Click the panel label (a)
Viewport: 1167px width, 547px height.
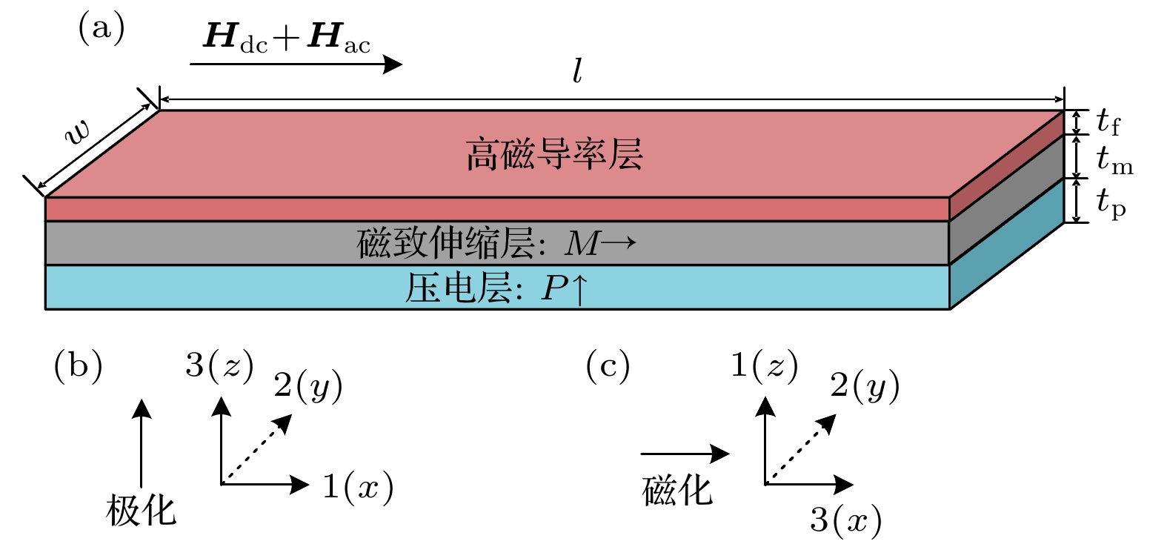(x=101, y=29)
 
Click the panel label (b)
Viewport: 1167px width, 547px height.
(x=78, y=366)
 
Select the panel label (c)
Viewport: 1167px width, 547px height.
(x=608, y=366)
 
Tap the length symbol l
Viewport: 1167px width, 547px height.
(x=577, y=71)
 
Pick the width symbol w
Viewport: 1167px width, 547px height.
(x=77, y=132)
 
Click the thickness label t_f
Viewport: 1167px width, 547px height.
(x=1108, y=121)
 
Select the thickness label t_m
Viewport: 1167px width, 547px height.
(x=1114, y=159)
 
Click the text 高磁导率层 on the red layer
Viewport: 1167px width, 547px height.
(x=554, y=155)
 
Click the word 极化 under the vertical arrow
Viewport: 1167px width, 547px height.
(x=141, y=510)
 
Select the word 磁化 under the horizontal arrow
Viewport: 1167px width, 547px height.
(x=676, y=490)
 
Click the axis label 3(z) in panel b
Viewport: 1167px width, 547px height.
(x=219, y=365)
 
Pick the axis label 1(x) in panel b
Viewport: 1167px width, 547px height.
(x=358, y=486)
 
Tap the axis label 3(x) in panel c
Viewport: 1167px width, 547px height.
(x=845, y=520)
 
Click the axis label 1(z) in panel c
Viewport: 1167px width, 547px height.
(x=764, y=365)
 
